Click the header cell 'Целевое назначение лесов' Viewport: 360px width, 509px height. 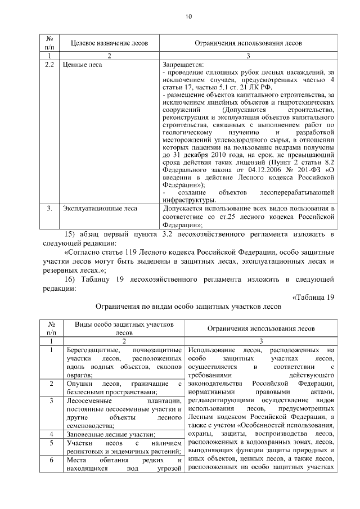tap(110, 43)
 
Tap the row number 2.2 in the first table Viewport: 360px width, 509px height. tap(49, 65)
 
